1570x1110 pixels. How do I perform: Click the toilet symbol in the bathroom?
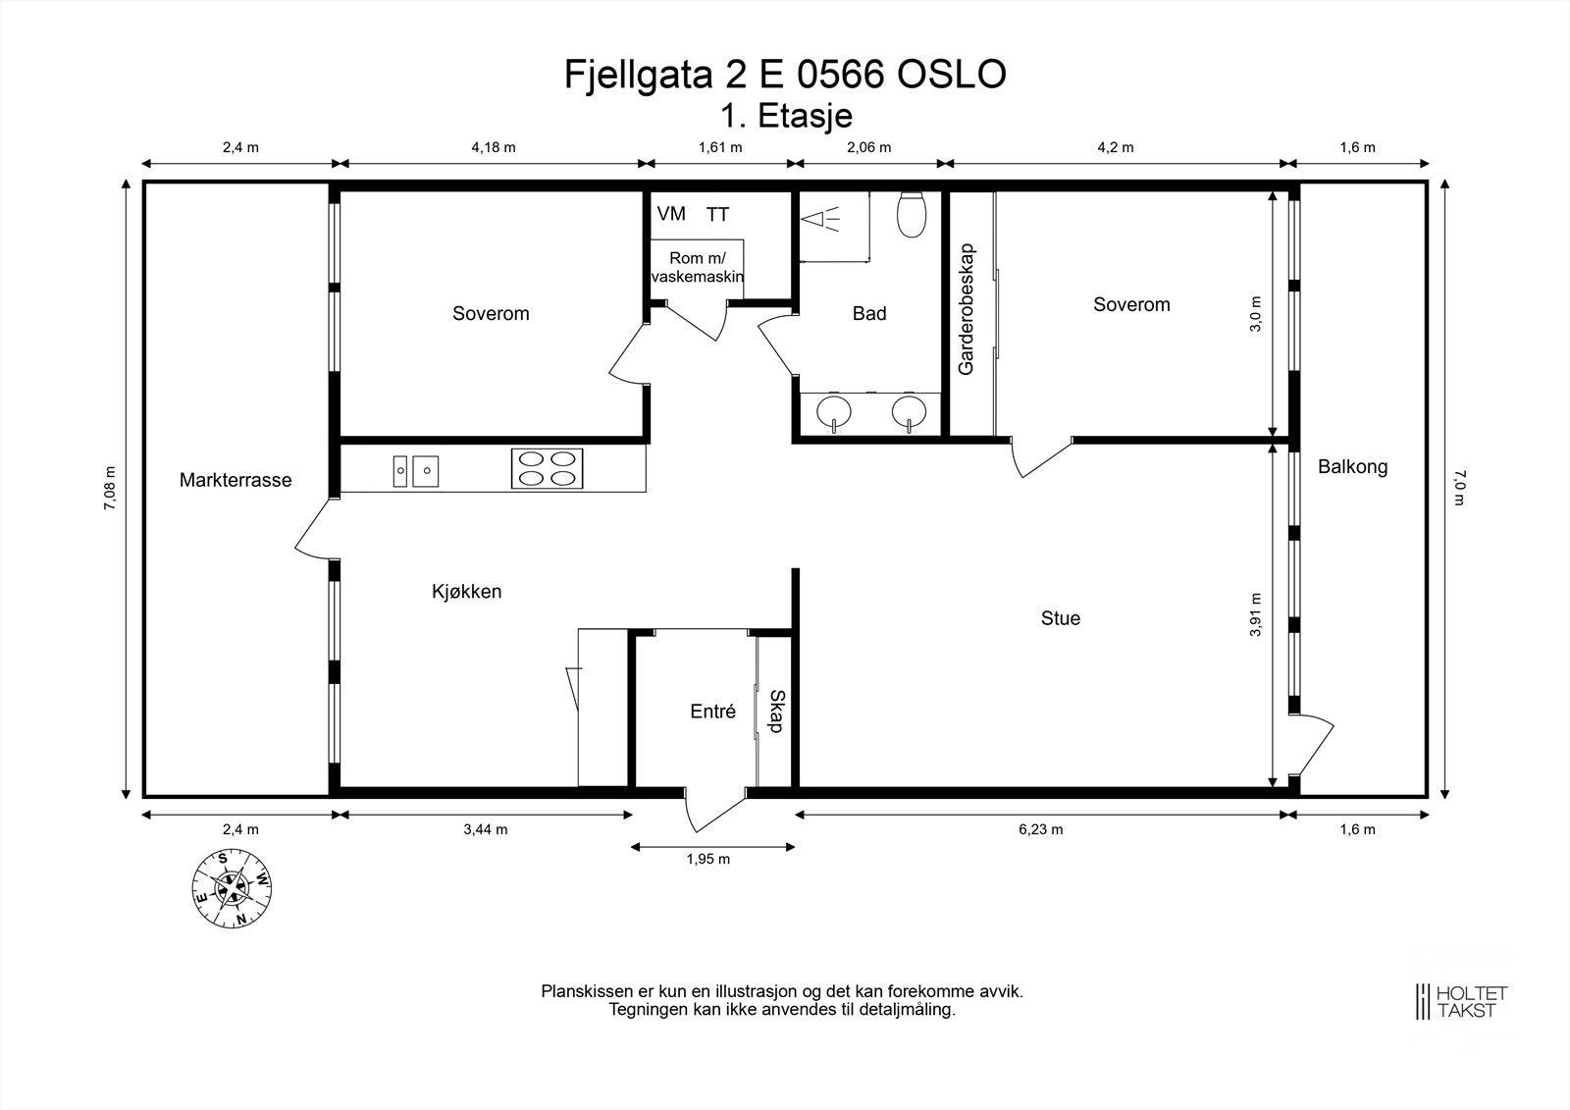pyautogui.click(x=912, y=215)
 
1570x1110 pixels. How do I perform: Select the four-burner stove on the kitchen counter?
pyautogui.click(x=547, y=468)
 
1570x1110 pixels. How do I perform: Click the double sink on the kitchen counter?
pyautogui.click(x=415, y=470)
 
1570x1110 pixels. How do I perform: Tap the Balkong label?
pyautogui.click(x=1352, y=467)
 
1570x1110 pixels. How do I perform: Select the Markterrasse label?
pyautogui.click(x=235, y=481)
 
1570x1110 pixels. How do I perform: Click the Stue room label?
pyautogui.click(x=1060, y=618)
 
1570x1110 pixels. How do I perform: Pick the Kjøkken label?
pyautogui.click(x=467, y=592)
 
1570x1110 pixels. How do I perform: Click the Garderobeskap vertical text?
pyautogui.click(x=966, y=308)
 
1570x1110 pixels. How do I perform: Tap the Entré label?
pyautogui.click(x=712, y=713)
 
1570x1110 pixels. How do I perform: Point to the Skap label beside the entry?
pyautogui.click(x=776, y=712)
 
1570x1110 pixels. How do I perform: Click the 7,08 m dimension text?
pyautogui.click(x=111, y=488)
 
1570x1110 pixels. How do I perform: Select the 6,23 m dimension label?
pyautogui.click(x=1040, y=829)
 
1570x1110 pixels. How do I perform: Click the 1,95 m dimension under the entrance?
pyautogui.click(x=707, y=860)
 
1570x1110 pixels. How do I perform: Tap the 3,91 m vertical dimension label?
pyautogui.click(x=1255, y=615)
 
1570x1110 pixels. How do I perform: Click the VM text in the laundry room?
pyautogui.click(x=671, y=214)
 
